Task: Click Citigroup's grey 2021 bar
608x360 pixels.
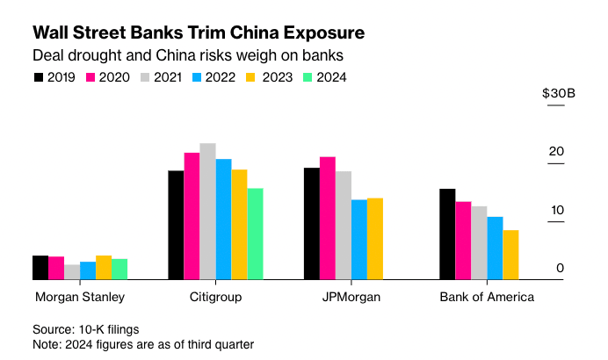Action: pos(207,211)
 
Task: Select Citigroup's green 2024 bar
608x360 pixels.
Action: pos(255,234)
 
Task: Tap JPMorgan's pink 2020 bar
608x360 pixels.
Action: pos(327,218)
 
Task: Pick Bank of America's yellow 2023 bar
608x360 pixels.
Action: pos(510,255)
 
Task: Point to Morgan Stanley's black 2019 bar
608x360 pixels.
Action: pos(40,268)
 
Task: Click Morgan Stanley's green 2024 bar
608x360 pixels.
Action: pos(119,269)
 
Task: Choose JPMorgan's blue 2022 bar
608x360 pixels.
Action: pos(358,239)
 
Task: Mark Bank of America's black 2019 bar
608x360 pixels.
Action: pos(447,234)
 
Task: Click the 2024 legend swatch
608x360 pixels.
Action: pos(308,77)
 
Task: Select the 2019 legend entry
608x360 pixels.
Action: pos(54,77)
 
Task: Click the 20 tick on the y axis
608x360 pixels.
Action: pos(555,152)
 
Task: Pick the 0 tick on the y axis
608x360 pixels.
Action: pos(559,268)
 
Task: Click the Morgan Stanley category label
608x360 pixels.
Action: pos(80,297)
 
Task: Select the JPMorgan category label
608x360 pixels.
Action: pos(351,297)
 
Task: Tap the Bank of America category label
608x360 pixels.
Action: pos(487,297)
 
